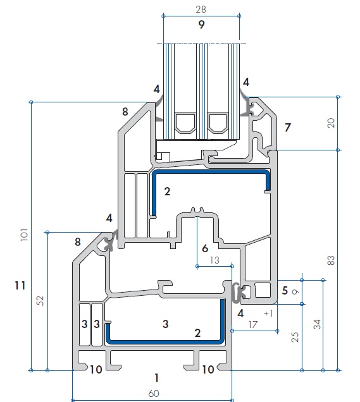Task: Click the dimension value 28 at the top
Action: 201,9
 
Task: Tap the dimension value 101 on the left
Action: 24,234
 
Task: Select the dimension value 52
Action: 40,301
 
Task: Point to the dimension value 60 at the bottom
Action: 154,393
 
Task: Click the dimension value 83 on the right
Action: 332,260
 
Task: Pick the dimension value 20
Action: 332,123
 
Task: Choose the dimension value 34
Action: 318,324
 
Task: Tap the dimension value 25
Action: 295,337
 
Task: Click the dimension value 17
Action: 252,325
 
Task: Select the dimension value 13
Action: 214,260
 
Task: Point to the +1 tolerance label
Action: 268,314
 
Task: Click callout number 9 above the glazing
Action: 201,25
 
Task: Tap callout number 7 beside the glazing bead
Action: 288,128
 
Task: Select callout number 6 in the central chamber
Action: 205,248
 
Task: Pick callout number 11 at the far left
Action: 20,285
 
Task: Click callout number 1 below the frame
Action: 157,377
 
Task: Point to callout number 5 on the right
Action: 285,291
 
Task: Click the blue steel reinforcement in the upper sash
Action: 211,172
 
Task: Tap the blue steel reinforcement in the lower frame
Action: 164,341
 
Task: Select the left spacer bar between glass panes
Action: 185,123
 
